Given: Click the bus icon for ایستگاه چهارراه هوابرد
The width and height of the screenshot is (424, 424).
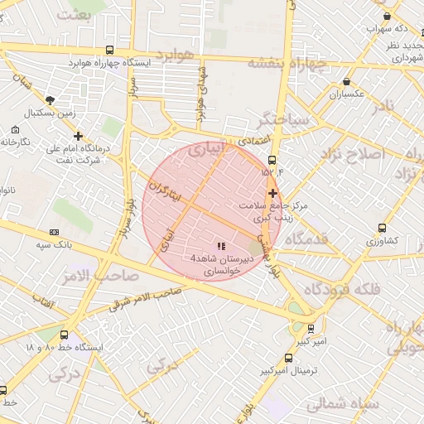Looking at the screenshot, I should [111, 51].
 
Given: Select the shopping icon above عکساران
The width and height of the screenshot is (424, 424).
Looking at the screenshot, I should [346, 82].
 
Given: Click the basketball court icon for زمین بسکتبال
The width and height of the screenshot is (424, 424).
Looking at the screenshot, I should [50, 99].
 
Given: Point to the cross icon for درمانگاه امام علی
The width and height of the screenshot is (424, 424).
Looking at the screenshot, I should [78, 136].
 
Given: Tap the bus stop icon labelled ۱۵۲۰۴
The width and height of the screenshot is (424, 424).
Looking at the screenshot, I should [272, 160].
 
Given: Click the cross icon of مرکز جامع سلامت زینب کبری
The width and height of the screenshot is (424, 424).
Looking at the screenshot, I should [272, 192].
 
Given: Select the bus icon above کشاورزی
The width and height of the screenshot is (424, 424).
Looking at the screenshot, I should [381, 228].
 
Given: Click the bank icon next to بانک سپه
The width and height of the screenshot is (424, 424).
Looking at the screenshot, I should [55, 233].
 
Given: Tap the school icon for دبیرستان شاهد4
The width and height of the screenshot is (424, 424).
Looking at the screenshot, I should [220, 246].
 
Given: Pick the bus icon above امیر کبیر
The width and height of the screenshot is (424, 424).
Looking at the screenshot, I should [310, 329].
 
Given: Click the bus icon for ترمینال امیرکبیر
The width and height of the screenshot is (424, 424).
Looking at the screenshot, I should [287, 359].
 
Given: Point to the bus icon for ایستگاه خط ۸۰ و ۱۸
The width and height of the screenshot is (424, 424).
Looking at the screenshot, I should [78, 335].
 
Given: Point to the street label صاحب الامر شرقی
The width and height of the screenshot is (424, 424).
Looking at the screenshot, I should [146, 297].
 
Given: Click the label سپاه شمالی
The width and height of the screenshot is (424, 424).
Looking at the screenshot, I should [342, 404].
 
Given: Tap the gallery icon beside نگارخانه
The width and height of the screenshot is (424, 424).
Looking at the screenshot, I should [16, 130].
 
